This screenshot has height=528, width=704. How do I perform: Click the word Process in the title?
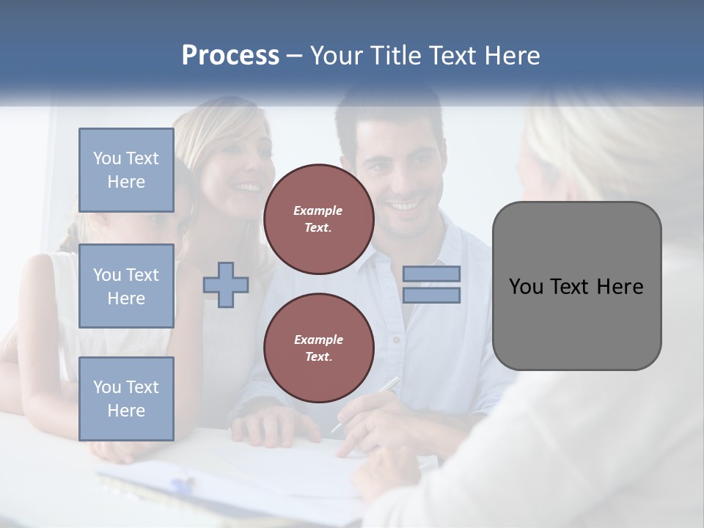230,56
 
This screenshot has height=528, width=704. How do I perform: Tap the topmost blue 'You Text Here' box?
126,170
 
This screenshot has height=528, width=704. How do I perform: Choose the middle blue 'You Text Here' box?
126,286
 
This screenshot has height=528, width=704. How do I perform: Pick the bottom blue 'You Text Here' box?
126,399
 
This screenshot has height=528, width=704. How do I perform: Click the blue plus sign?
226,284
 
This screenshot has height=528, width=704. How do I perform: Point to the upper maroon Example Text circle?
319,219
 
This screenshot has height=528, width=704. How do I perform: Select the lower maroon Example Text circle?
319,348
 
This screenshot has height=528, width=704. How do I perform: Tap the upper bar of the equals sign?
431,274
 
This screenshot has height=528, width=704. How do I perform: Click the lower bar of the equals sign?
431,296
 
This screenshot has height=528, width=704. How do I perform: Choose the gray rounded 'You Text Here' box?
576,286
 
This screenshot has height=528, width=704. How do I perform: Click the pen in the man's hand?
367,403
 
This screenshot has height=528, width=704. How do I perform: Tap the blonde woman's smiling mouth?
243,188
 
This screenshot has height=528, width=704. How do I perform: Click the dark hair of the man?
389,117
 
